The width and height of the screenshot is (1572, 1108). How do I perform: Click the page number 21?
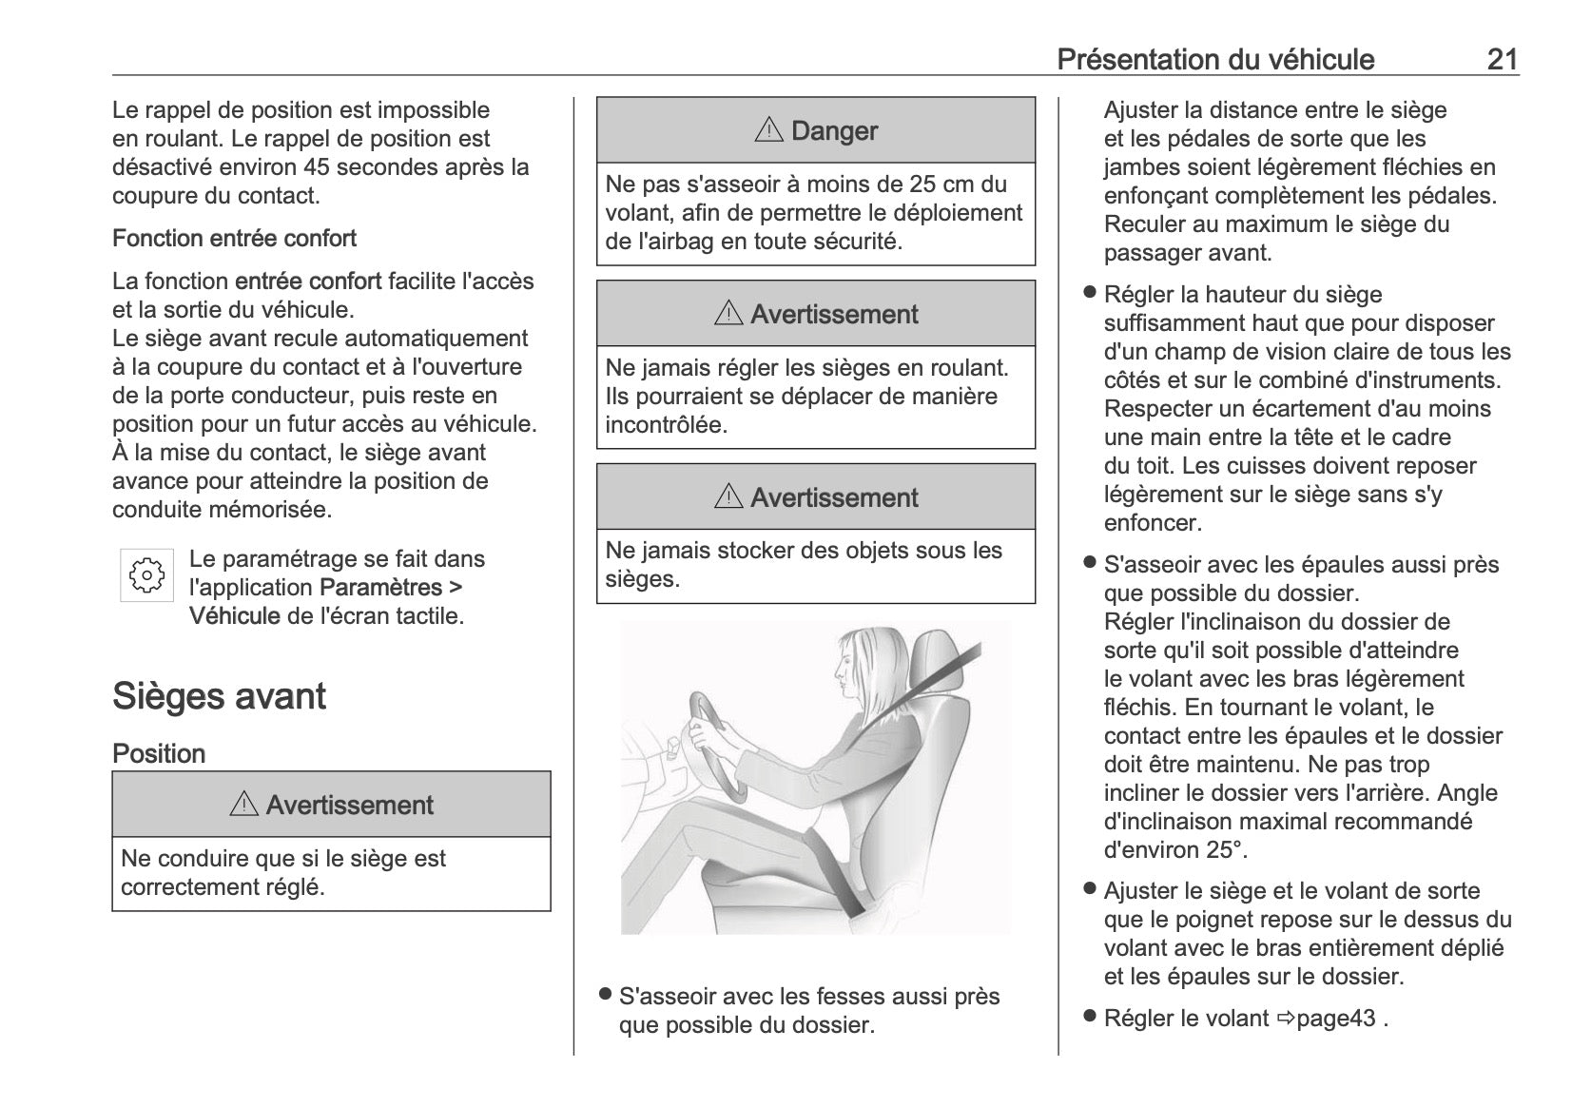1502,60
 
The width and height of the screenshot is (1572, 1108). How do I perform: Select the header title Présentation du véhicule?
1215,60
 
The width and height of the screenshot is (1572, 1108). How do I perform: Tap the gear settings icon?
146,574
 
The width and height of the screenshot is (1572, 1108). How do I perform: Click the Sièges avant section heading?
219,696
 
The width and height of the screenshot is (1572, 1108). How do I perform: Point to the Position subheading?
159,753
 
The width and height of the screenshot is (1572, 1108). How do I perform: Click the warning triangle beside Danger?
767,130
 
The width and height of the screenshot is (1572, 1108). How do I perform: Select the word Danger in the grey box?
834,130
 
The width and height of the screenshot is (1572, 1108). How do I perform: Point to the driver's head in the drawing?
861,666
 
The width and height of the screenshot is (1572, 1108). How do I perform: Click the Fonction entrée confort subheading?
234,238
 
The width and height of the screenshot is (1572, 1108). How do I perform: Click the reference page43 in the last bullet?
1336,1018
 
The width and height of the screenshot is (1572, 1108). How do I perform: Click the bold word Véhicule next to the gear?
234,615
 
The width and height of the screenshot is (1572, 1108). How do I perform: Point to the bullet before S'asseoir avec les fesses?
605,995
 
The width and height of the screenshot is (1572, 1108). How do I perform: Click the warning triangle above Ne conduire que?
243,805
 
